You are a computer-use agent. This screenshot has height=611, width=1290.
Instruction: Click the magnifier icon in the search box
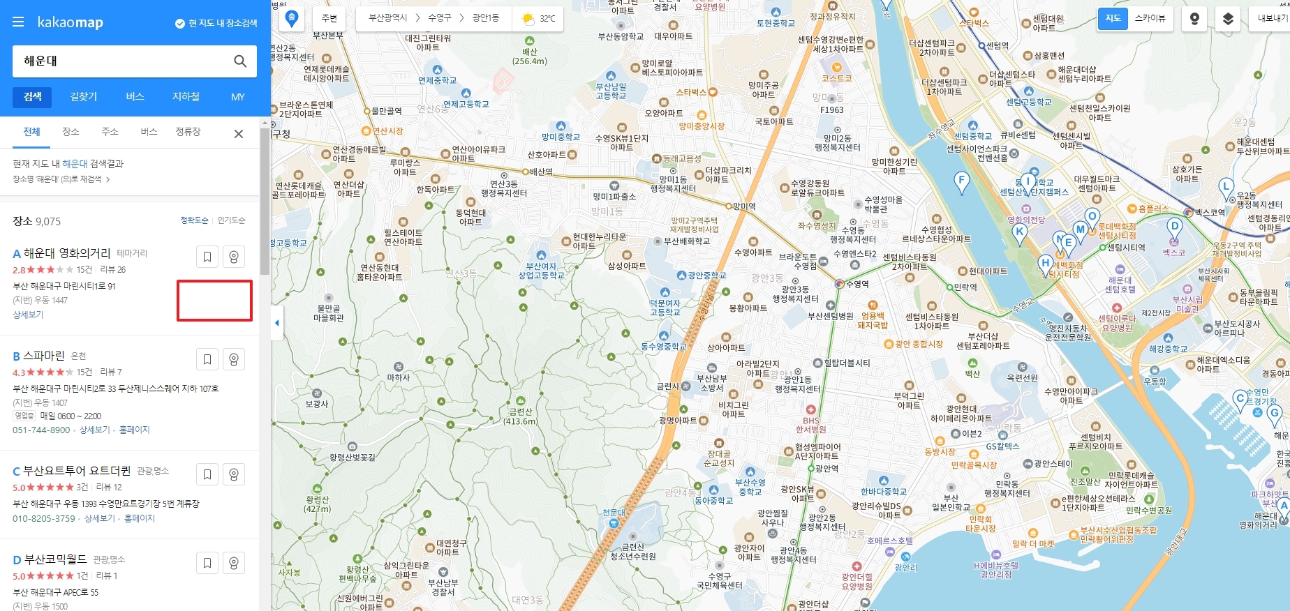(x=240, y=61)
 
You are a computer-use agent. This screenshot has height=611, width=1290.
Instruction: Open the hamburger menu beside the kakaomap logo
(x=18, y=22)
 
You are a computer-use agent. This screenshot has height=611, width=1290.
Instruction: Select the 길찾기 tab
(x=84, y=97)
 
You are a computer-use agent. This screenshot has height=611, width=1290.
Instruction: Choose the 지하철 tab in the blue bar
(x=186, y=97)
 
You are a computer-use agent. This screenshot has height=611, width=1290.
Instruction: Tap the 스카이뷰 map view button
(x=1150, y=18)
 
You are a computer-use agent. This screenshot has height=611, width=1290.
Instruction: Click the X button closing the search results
(x=239, y=134)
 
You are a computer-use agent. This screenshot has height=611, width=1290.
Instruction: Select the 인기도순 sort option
(x=231, y=220)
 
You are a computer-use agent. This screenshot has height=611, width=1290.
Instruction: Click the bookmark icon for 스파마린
(x=207, y=359)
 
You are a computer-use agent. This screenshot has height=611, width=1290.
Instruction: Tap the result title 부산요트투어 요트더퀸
(x=77, y=471)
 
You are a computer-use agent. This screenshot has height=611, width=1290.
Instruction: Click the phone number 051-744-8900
(x=41, y=430)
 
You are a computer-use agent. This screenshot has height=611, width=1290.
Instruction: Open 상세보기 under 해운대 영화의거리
(x=28, y=315)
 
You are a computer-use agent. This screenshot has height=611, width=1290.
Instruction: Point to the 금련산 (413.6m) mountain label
(x=521, y=416)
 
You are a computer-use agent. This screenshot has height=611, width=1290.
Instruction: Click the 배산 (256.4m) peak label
(x=530, y=56)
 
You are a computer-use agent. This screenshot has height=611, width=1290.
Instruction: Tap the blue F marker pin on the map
(x=962, y=182)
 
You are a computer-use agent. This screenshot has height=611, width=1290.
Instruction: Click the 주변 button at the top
(x=329, y=18)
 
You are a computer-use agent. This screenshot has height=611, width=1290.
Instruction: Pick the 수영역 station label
(x=857, y=284)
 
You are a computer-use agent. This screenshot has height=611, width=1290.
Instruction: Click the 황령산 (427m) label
(x=317, y=504)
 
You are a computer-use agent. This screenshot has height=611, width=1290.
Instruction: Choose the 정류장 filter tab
(x=188, y=132)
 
